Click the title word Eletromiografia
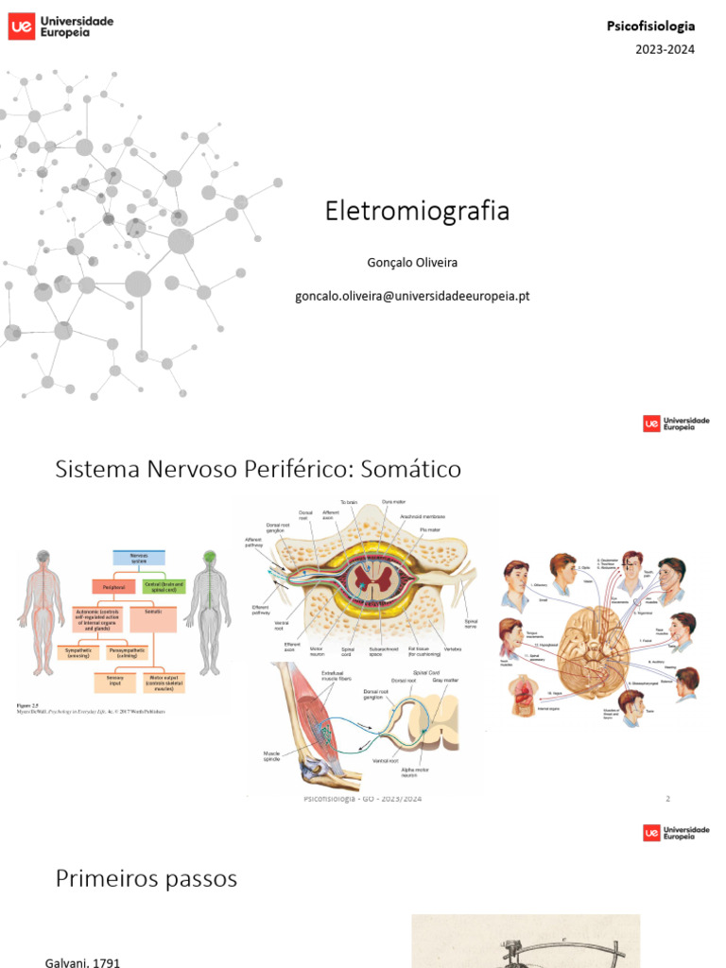pos(417,211)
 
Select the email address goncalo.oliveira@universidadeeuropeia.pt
pos(412,295)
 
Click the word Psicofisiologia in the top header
pos(650,26)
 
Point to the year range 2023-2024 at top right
pos(664,49)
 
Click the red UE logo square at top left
pos(21,26)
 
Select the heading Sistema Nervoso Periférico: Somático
pos(258,468)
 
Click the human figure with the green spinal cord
pos(208,612)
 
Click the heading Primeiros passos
pos(147,879)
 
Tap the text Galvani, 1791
pos(83,961)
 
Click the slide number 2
pos(667,799)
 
